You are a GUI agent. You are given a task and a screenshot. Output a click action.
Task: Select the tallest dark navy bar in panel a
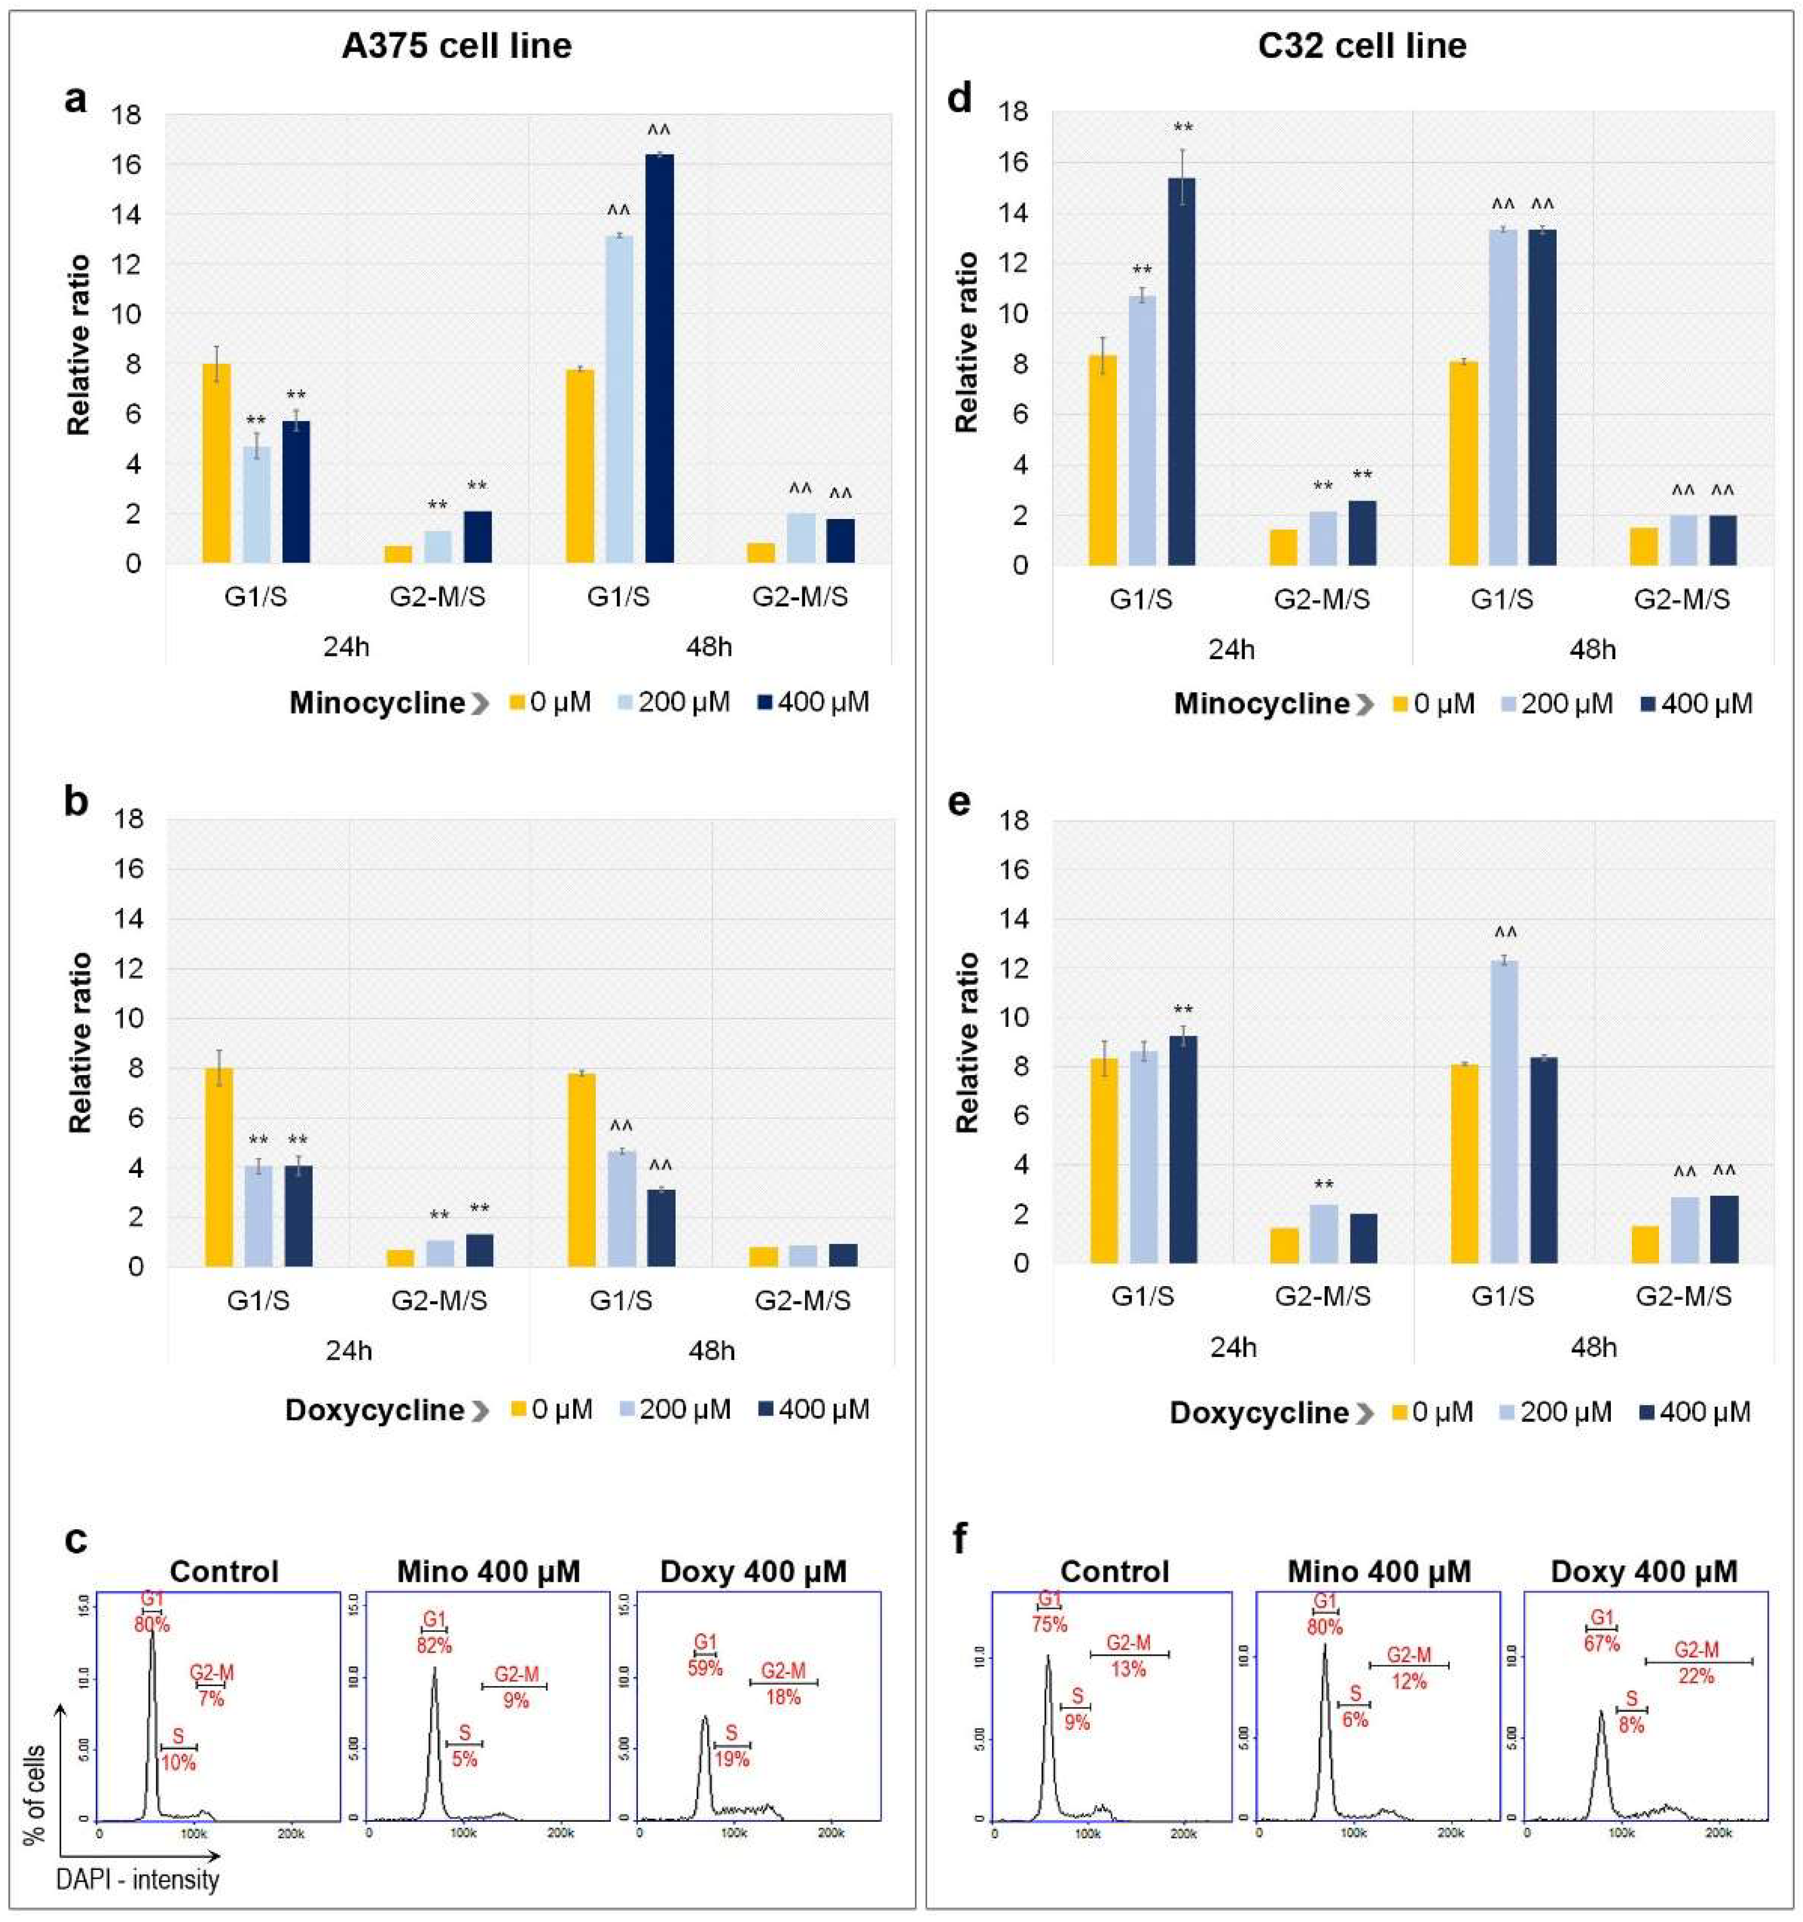point(660,358)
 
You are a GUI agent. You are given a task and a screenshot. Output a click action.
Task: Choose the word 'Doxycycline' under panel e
point(1259,1412)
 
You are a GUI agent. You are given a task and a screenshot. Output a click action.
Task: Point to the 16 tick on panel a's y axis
point(127,165)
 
